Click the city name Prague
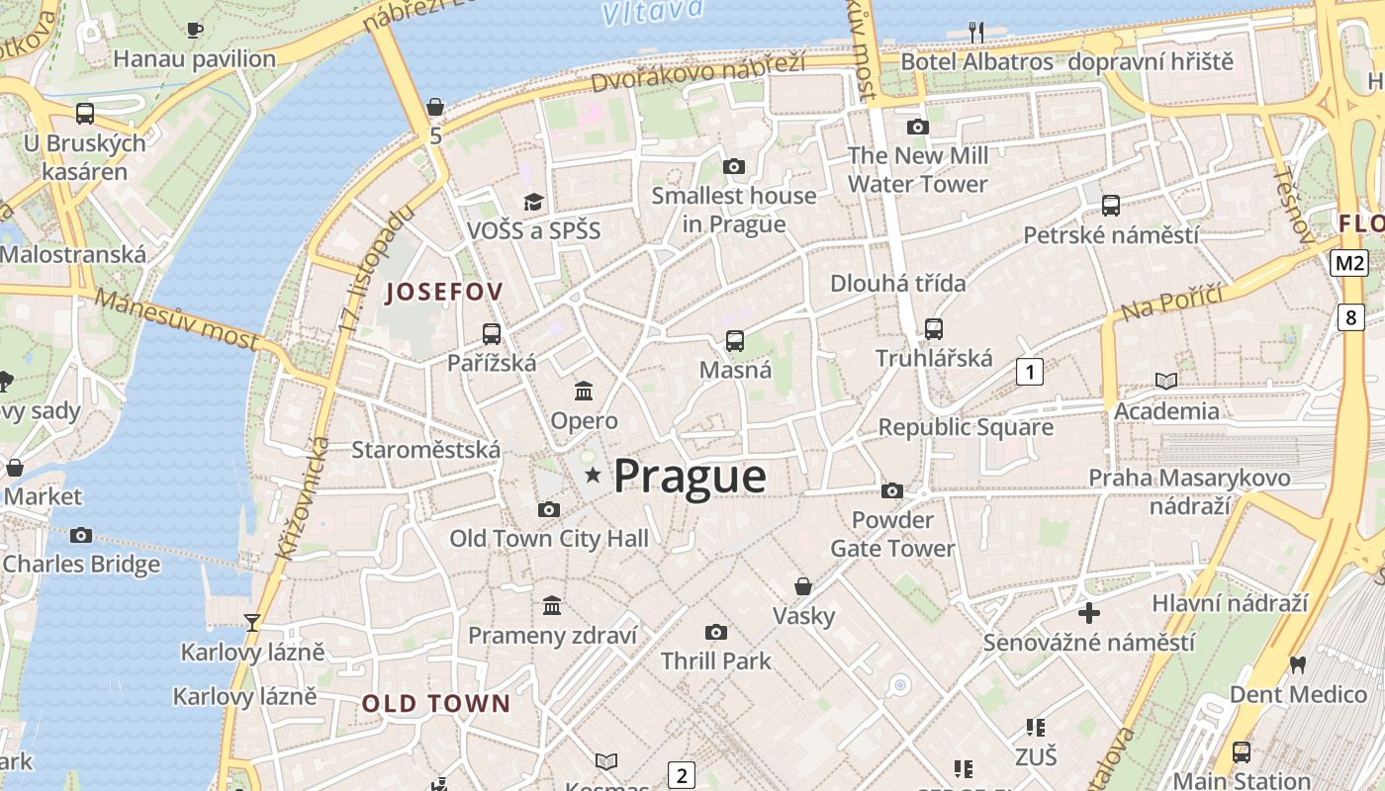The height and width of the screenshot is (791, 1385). [690, 477]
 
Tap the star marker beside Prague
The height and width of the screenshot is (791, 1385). [593, 476]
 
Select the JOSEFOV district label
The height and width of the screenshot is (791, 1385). [444, 292]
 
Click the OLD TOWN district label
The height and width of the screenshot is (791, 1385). [436, 704]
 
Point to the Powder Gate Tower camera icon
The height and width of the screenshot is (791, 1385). [891, 490]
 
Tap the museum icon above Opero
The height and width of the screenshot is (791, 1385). [584, 391]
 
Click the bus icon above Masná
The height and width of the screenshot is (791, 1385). [735, 341]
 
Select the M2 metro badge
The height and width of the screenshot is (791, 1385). [1348, 262]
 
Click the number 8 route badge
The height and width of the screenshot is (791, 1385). [1351, 317]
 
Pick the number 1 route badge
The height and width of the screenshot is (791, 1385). [1030, 372]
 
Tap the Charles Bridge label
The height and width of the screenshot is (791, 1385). [81, 565]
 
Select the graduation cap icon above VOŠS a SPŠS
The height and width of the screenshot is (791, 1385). [534, 202]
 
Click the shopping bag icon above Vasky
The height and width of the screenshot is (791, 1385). [803, 586]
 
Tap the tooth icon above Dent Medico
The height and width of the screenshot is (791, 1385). [1298, 665]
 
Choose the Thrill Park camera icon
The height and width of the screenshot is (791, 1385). [715, 632]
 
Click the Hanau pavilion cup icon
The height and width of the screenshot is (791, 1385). [195, 30]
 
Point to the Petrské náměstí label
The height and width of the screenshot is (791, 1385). [1110, 235]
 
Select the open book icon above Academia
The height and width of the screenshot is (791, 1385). [1166, 381]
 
